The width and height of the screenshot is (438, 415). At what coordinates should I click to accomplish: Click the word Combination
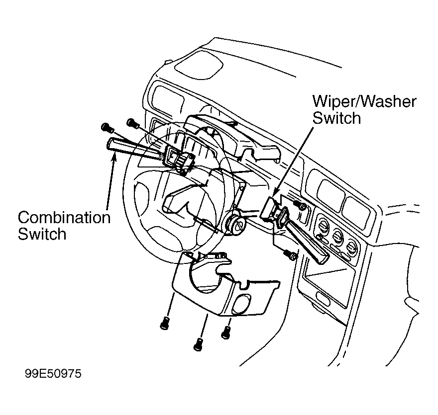[x=64, y=218]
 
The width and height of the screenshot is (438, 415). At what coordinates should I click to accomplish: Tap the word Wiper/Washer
[x=364, y=101]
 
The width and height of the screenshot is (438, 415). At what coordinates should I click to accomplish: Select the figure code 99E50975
[x=53, y=373]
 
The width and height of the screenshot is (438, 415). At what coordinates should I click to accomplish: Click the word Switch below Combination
[x=42, y=234]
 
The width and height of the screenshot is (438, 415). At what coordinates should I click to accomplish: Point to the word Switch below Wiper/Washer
[x=336, y=118]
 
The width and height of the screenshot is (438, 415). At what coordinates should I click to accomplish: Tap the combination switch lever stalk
[x=134, y=149]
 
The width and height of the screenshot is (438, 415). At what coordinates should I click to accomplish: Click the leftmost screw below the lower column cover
[x=165, y=323]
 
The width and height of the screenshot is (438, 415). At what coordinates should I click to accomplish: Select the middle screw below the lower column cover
[x=198, y=344]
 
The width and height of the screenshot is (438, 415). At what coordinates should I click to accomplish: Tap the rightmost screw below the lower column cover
[x=225, y=332]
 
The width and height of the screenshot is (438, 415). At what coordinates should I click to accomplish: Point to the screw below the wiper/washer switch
[x=291, y=254]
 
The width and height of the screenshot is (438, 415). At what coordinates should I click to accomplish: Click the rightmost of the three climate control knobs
[x=352, y=248]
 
